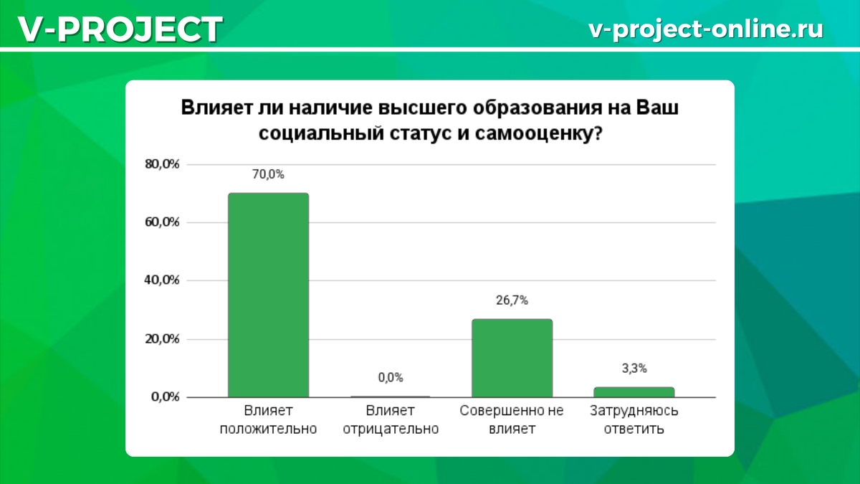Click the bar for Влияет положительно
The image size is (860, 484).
[x=268, y=295]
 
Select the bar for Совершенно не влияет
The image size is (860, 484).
[x=512, y=358]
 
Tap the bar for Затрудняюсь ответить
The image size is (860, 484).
[x=634, y=392]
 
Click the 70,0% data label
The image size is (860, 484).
[x=268, y=174]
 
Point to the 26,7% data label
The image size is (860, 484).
[x=512, y=300]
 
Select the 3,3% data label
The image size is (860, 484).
[x=634, y=369]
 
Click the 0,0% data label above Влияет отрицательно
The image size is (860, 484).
[x=391, y=378]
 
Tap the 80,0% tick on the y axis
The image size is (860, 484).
[x=162, y=164]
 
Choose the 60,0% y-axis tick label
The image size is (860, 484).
[x=162, y=222]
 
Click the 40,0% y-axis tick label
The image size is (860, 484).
[x=162, y=280]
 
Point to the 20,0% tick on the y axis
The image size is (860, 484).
[x=162, y=338]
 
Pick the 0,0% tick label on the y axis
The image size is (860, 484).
[x=166, y=397]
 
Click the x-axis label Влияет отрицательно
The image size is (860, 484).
[x=391, y=420]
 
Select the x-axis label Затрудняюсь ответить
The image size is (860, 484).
[x=634, y=420]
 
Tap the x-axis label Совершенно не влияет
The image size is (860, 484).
[x=512, y=420]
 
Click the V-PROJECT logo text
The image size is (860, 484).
[x=120, y=29]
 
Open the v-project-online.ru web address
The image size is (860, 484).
[x=706, y=29]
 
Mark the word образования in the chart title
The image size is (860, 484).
[x=537, y=108]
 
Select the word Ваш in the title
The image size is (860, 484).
[x=657, y=108]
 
